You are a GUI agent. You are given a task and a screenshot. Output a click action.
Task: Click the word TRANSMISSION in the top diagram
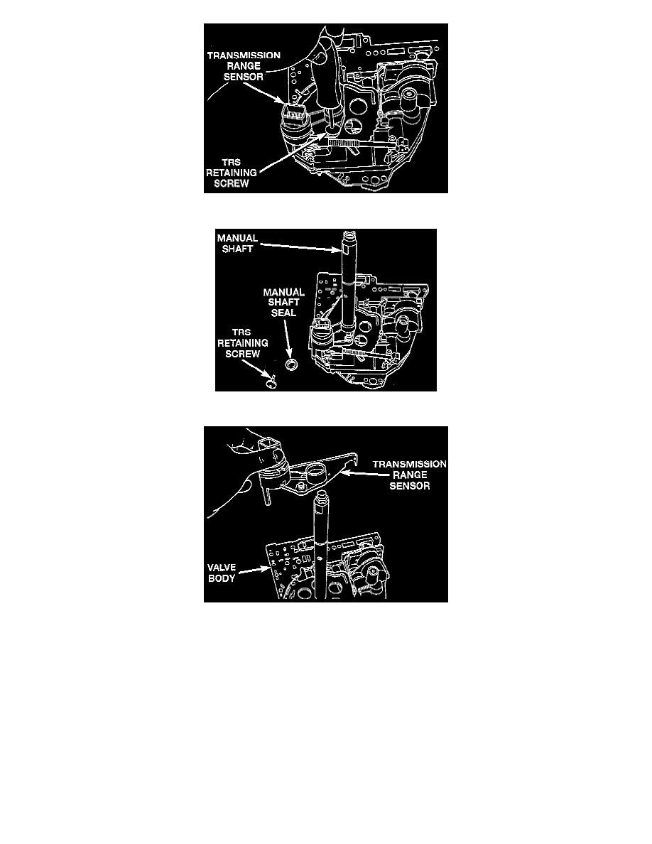[244, 55]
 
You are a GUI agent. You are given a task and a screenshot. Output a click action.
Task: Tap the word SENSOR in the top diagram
[244, 77]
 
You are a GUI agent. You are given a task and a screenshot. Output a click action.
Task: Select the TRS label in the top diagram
[232, 162]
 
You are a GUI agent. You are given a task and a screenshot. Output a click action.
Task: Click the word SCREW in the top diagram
[232, 183]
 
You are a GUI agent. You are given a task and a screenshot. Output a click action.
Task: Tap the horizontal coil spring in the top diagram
[342, 143]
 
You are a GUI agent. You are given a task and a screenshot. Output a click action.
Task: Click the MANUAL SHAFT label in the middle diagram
[237, 243]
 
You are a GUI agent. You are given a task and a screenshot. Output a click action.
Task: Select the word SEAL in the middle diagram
[283, 313]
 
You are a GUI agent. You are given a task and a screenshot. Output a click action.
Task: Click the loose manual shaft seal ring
[292, 364]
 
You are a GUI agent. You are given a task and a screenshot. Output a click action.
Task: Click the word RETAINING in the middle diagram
[243, 343]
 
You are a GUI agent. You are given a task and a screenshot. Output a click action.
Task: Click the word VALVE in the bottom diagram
[222, 568]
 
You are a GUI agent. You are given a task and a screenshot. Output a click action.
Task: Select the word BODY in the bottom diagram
[222, 578]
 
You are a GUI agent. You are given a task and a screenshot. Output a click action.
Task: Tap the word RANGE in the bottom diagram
[410, 475]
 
